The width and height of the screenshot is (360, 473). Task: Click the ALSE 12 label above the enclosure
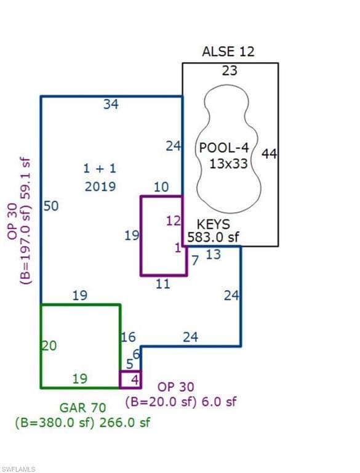click(x=228, y=52)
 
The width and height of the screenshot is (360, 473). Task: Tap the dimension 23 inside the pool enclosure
click(x=230, y=71)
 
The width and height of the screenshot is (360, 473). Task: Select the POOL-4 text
click(x=225, y=148)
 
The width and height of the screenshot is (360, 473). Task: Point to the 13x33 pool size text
click(x=228, y=164)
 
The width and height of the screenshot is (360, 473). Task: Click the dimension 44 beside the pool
click(x=269, y=154)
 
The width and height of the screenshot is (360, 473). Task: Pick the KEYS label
click(x=213, y=224)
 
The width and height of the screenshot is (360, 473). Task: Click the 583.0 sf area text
click(x=213, y=237)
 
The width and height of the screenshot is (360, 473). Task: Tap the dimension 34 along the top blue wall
click(x=111, y=104)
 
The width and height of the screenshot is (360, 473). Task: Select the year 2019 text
click(x=100, y=187)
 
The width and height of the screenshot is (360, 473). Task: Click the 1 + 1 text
click(x=100, y=168)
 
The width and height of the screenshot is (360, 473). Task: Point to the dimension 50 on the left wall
click(x=51, y=206)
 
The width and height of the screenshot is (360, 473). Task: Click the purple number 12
click(x=174, y=221)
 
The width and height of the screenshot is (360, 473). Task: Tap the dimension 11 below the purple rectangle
click(x=163, y=284)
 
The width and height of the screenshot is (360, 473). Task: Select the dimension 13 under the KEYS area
click(x=214, y=254)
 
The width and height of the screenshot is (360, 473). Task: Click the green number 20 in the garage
click(x=49, y=346)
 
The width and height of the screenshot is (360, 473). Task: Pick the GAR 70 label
click(x=82, y=408)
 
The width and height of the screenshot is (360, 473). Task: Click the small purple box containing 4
click(x=130, y=379)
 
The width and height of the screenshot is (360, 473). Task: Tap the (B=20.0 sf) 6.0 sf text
click(x=181, y=402)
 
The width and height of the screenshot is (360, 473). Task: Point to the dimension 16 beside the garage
click(x=129, y=338)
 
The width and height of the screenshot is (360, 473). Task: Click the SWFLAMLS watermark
click(x=18, y=469)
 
